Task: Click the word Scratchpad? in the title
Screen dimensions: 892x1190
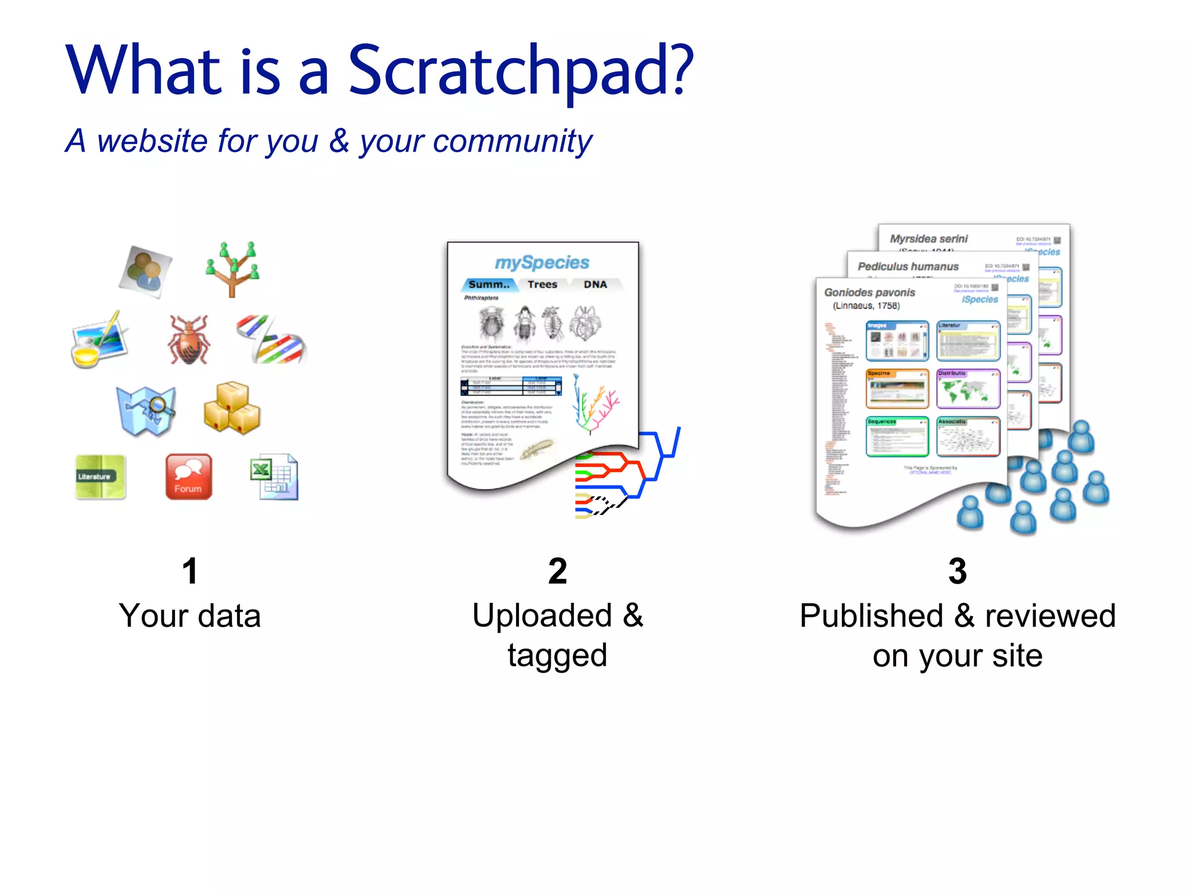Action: [520, 71]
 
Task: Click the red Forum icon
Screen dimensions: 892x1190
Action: [188, 477]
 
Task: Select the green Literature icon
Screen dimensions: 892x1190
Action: [100, 477]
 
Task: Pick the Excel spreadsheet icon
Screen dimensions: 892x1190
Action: [275, 477]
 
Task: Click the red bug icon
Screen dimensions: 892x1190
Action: [188, 340]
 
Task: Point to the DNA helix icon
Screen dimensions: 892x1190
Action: [272, 340]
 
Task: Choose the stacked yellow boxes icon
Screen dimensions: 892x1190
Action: [232, 408]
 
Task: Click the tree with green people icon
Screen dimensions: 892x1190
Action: [232, 269]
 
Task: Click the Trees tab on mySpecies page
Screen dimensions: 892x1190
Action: [542, 285]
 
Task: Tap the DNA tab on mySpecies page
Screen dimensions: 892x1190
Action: [595, 285]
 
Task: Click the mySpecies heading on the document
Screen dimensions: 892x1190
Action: [542, 262]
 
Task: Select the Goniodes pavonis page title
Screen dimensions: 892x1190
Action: [869, 293]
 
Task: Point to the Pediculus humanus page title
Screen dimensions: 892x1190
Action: [908, 267]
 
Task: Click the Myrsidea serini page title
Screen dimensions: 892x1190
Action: [929, 239]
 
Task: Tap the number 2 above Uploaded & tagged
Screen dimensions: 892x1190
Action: [557, 571]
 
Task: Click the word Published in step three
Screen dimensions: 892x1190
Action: [871, 616]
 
